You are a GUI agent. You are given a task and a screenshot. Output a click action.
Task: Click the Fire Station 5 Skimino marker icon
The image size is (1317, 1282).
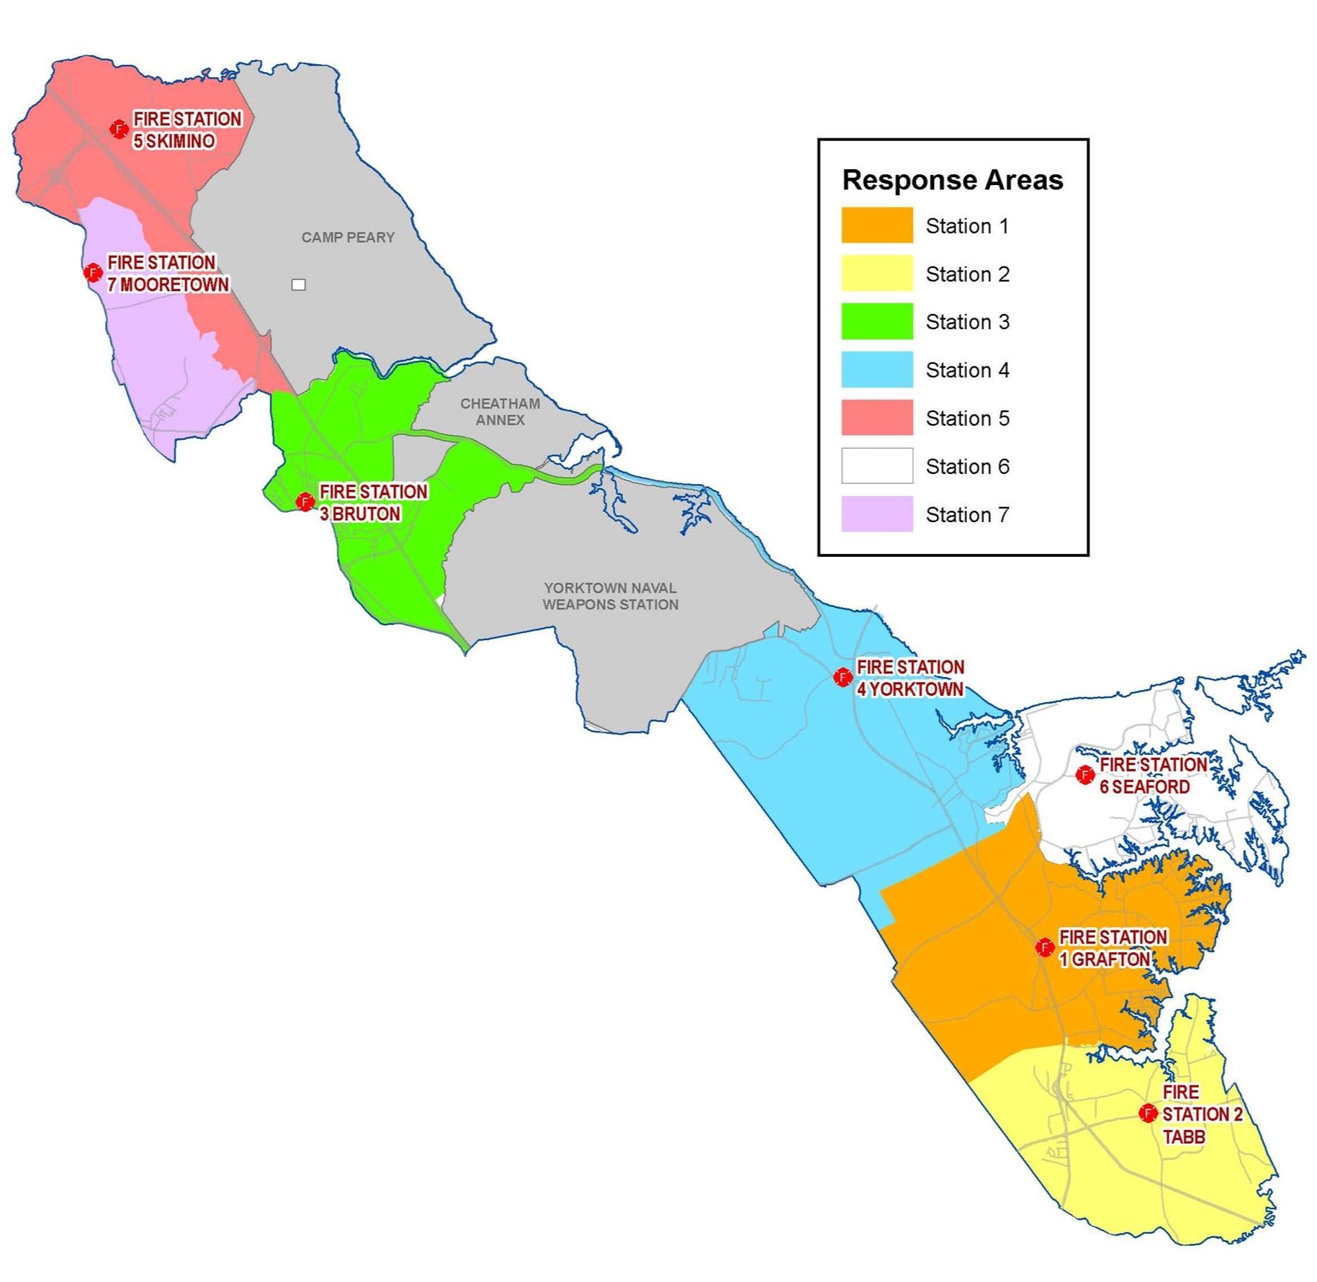pyautogui.click(x=118, y=129)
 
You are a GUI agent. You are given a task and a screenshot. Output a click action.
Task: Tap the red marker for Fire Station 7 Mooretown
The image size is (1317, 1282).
pyautogui.click(x=92, y=272)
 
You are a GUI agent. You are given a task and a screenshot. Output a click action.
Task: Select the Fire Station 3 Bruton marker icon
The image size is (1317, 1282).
pyautogui.click(x=305, y=501)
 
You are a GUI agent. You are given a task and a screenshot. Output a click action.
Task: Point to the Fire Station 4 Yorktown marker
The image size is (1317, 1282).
pyautogui.click(x=842, y=677)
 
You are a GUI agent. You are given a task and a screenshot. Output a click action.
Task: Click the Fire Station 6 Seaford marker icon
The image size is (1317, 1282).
pyautogui.click(x=1084, y=775)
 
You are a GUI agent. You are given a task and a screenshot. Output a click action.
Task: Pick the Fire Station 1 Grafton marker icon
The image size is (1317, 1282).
pyautogui.click(x=1044, y=947)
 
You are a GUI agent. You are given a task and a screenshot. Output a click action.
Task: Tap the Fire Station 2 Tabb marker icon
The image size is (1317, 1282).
pyautogui.click(x=1147, y=1113)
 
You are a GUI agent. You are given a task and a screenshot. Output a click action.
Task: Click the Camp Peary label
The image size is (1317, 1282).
pyautogui.click(x=348, y=237)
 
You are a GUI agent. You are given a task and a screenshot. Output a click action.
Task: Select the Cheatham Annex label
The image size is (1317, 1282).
pyautogui.click(x=500, y=411)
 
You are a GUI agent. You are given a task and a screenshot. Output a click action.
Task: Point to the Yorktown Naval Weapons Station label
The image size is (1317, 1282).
pyautogui.click(x=610, y=596)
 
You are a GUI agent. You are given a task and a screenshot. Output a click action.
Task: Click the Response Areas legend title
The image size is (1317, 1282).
pyautogui.click(x=952, y=180)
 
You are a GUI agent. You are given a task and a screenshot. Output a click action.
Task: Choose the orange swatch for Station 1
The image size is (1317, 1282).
pyautogui.click(x=877, y=225)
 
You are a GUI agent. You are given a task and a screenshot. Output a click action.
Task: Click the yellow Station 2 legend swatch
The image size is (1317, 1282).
pyautogui.click(x=877, y=274)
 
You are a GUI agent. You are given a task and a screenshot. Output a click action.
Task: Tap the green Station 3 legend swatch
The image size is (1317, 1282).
pyautogui.click(x=877, y=321)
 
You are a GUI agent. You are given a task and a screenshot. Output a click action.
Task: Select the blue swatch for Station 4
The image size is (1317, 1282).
pyautogui.click(x=877, y=369)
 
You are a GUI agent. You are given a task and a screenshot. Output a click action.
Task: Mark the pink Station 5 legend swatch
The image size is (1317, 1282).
pyautogui.click(x=877, y=418)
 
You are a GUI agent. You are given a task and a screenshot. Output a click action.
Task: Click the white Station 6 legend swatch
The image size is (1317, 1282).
pyautogui.click(x=877, y=466)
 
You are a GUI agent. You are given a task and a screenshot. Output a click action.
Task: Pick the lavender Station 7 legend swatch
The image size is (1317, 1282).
pyautogui.click(x=877, y=514)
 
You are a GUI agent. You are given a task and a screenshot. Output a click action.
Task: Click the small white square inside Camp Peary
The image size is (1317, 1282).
pyautogui.click(x=298, y=284)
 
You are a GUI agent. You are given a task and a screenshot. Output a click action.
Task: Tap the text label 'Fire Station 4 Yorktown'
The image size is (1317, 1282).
pyautogui.click(x=909, y=678)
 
